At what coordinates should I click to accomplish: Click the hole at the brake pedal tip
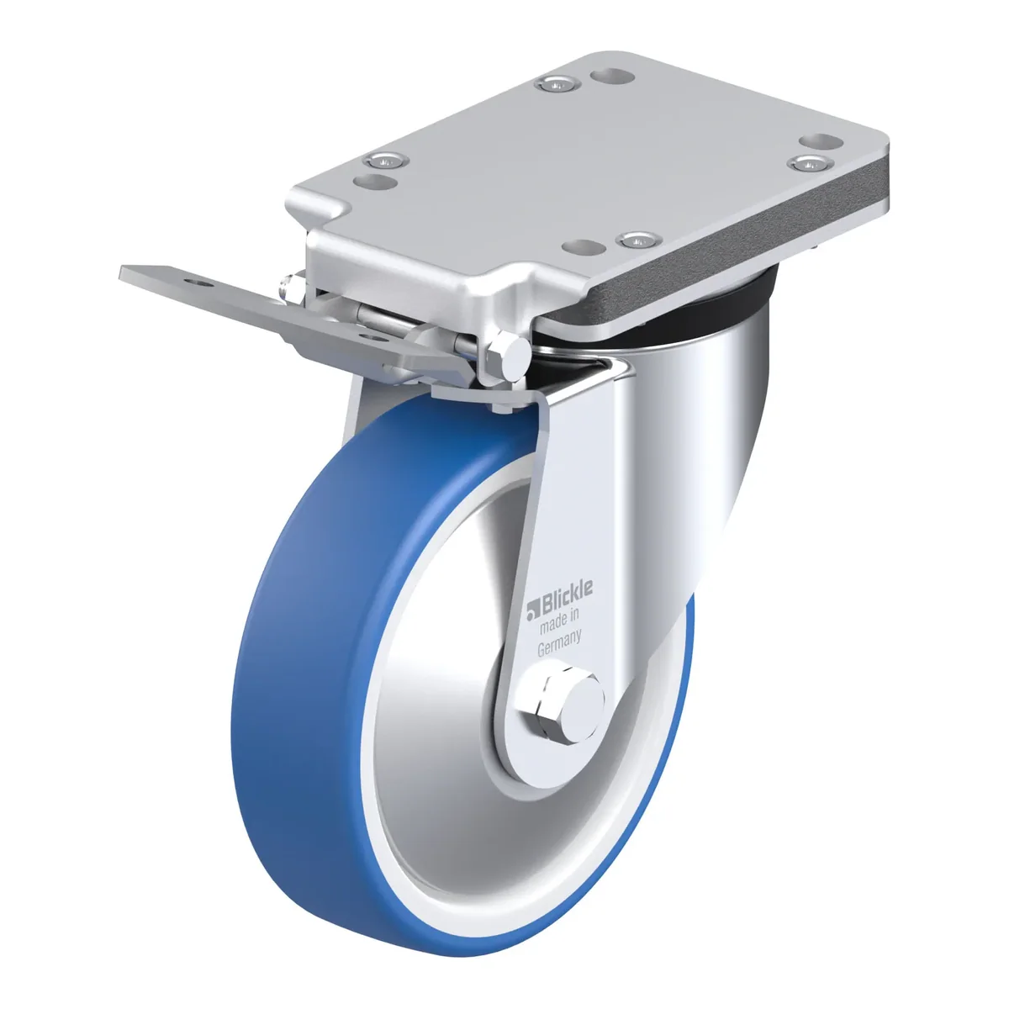(203, 283)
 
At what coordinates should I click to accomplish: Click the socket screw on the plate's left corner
(387, 161)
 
